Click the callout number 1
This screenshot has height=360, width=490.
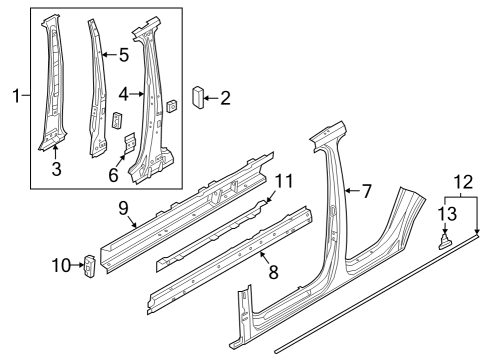coord(16,96)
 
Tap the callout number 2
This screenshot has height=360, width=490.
coord(225,98)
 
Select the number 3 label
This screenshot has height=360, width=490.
coord(56,169)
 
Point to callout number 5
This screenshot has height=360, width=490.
coord(124,55)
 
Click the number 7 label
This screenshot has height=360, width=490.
coord(367,191)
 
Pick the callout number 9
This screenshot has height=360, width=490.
coord(123,208)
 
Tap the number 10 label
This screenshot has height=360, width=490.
coord(61,266)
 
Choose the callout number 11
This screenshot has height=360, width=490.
coord(284,181)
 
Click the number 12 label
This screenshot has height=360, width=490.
coord(463,182)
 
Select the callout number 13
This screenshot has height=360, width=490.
coord(447,213)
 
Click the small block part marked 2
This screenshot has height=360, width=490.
coord(198,97)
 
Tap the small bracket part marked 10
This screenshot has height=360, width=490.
coord(89,266)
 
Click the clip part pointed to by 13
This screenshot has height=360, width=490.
coord(444,242)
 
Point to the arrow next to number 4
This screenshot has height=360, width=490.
coord(137,94)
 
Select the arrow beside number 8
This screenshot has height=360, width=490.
coord(265,258)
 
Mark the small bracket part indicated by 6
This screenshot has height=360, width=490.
coord(130,142)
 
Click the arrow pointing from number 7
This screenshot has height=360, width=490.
coord(352,191)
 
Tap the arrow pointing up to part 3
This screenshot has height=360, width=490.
coord(55,152)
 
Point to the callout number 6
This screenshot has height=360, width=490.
coord(113,175)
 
